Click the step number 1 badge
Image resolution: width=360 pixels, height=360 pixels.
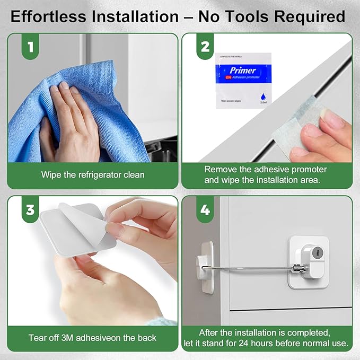click(31, 48)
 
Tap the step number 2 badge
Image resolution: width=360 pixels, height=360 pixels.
click(205, 48)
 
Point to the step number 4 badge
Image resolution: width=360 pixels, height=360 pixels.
click(205, 210)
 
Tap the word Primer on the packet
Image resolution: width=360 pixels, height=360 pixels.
click(243, 70)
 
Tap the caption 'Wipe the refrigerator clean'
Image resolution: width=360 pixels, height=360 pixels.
click(93, 174)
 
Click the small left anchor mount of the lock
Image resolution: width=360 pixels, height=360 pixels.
click(204, 261)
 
